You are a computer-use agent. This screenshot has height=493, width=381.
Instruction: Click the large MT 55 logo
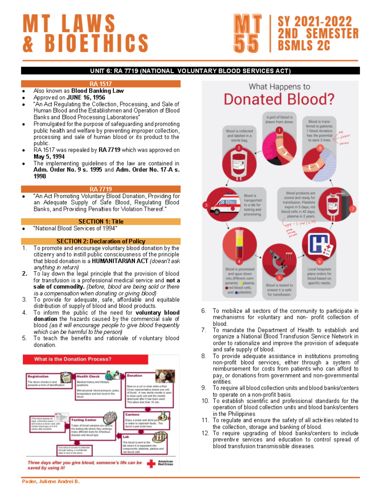(247, 33)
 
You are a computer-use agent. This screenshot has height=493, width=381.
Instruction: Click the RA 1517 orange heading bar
(101, 84)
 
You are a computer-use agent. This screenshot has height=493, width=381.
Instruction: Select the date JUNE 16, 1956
(86, 97)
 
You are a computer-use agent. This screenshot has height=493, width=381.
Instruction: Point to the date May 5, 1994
(49, 157)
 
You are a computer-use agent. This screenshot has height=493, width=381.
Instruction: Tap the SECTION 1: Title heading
(101, 222)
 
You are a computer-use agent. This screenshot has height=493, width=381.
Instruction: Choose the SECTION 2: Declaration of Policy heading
(101, 241)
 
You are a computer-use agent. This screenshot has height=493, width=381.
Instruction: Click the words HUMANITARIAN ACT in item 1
(120, 261)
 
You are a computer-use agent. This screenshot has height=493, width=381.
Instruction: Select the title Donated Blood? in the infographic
(279, 99)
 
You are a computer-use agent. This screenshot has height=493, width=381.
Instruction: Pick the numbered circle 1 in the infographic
(279, 130)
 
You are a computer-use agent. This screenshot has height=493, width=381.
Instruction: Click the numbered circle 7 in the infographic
(352, 209)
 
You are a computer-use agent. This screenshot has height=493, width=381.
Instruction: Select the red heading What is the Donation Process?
(73, 359)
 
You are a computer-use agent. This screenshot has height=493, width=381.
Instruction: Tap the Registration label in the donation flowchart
(38, 376)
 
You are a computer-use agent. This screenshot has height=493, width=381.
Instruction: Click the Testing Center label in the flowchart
(84, 420)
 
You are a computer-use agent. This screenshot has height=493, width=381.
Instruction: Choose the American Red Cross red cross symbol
(151, 464)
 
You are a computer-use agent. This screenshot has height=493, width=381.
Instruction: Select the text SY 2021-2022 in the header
(315, 22)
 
